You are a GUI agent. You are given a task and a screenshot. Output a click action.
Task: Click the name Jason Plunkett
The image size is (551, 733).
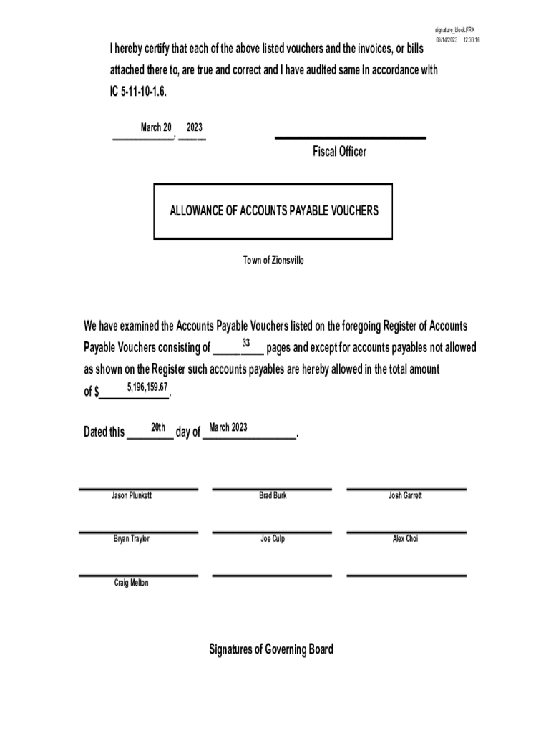pyautogui.click(x=131, y=495)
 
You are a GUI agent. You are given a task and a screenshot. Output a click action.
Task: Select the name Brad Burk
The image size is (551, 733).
pyautogui.click(x=273, y=495)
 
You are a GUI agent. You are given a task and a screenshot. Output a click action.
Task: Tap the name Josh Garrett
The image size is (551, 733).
pyautogui.click(x=405, y=495)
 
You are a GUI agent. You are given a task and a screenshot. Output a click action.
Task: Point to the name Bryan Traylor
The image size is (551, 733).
pyautogui.click(x=131, y=539)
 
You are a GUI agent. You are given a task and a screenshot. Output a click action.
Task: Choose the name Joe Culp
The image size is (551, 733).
pyautogui.click(x=273, y=539)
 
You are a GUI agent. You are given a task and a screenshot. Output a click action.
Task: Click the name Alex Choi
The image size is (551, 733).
pyautogui.click(x=405, y=539)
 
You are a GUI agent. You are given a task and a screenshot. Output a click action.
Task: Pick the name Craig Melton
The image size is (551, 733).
pyautogui.click(x=131, y=583)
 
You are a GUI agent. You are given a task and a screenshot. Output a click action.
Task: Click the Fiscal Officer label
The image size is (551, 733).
pyautogui.click(x=339, y=152)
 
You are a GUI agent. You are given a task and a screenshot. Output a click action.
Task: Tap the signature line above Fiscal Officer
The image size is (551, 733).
pyautogui.click(x=351, y=137)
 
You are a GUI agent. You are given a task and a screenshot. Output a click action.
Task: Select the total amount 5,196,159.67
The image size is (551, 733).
pyautogui.click(x=147, y=387)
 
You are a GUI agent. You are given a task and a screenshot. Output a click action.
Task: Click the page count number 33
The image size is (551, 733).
pyautogui.click(x=245, y=342)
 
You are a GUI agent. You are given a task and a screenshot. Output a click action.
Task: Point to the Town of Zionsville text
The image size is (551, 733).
pyautogui.click(x=273, y=261)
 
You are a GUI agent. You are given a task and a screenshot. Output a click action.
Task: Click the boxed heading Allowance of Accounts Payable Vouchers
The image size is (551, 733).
pyautogui.click(x=273, y=211)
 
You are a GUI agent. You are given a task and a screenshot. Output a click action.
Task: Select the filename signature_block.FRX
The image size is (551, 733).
pyautogui.click(x=454, y=30)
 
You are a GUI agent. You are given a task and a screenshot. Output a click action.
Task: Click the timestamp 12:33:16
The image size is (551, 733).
pyautogui.click(x=471, y=39)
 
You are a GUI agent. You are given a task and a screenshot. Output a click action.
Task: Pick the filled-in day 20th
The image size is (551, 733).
pyautogui.click(x=158, y=427)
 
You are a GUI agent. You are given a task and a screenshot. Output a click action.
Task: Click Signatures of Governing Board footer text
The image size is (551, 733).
pyautogui.click(x=270, y=649)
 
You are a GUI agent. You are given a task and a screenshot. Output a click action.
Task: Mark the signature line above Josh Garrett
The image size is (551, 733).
pyautogui.click(x=406, y=490)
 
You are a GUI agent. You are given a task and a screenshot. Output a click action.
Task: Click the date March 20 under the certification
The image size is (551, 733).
pyautogui.click(x=155, y=127)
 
